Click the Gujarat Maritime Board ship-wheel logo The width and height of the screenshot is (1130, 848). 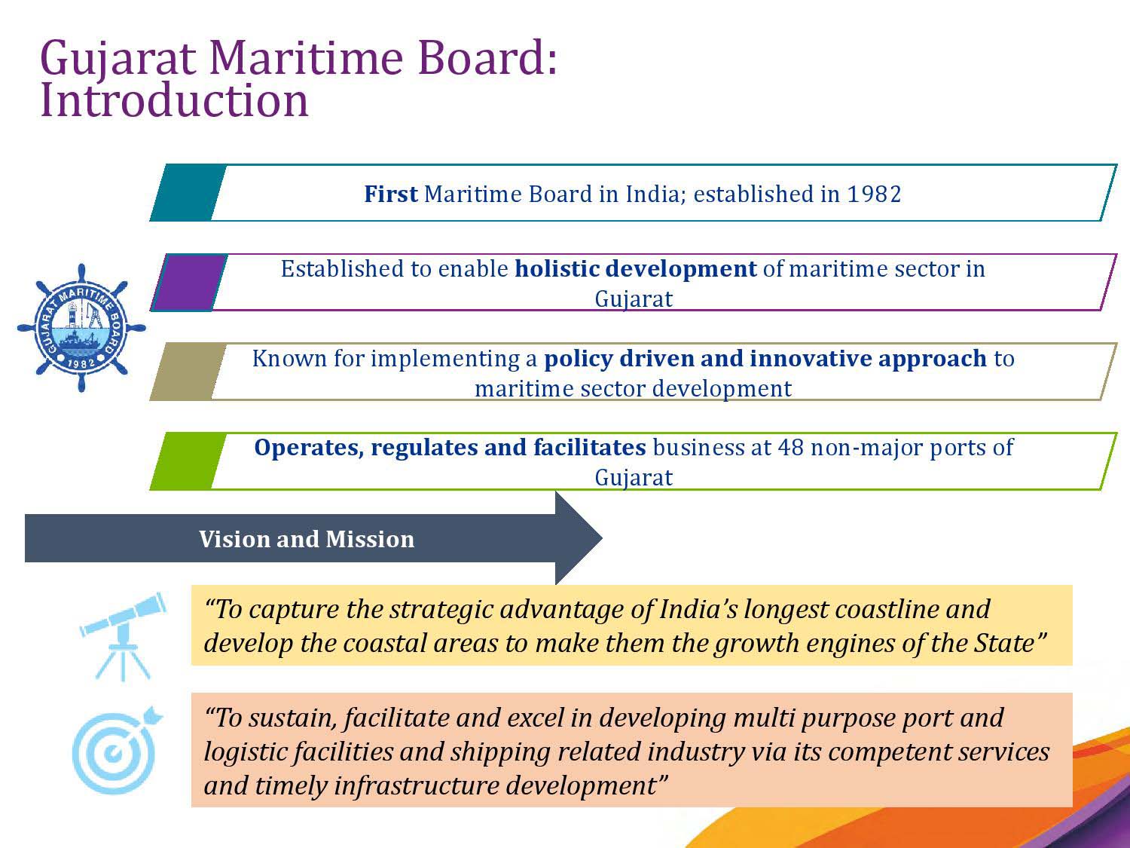pos(81,328)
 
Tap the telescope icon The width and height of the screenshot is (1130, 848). pos(123,636)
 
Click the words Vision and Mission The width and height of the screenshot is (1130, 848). pos(307,539)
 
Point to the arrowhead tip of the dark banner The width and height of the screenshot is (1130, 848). pos(603,538)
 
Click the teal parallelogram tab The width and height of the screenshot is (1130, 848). pos(188,192)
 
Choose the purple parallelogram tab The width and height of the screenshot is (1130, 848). pos(189,282)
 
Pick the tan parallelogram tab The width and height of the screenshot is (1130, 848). pos(188,371)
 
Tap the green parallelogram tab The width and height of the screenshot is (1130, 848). pos(188,461)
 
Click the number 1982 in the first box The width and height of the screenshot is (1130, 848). pos(874,194)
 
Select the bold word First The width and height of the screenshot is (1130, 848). pos(391,194)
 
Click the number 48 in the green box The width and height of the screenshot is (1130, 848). pos(791,448)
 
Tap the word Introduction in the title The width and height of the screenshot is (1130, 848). pos(174,100)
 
